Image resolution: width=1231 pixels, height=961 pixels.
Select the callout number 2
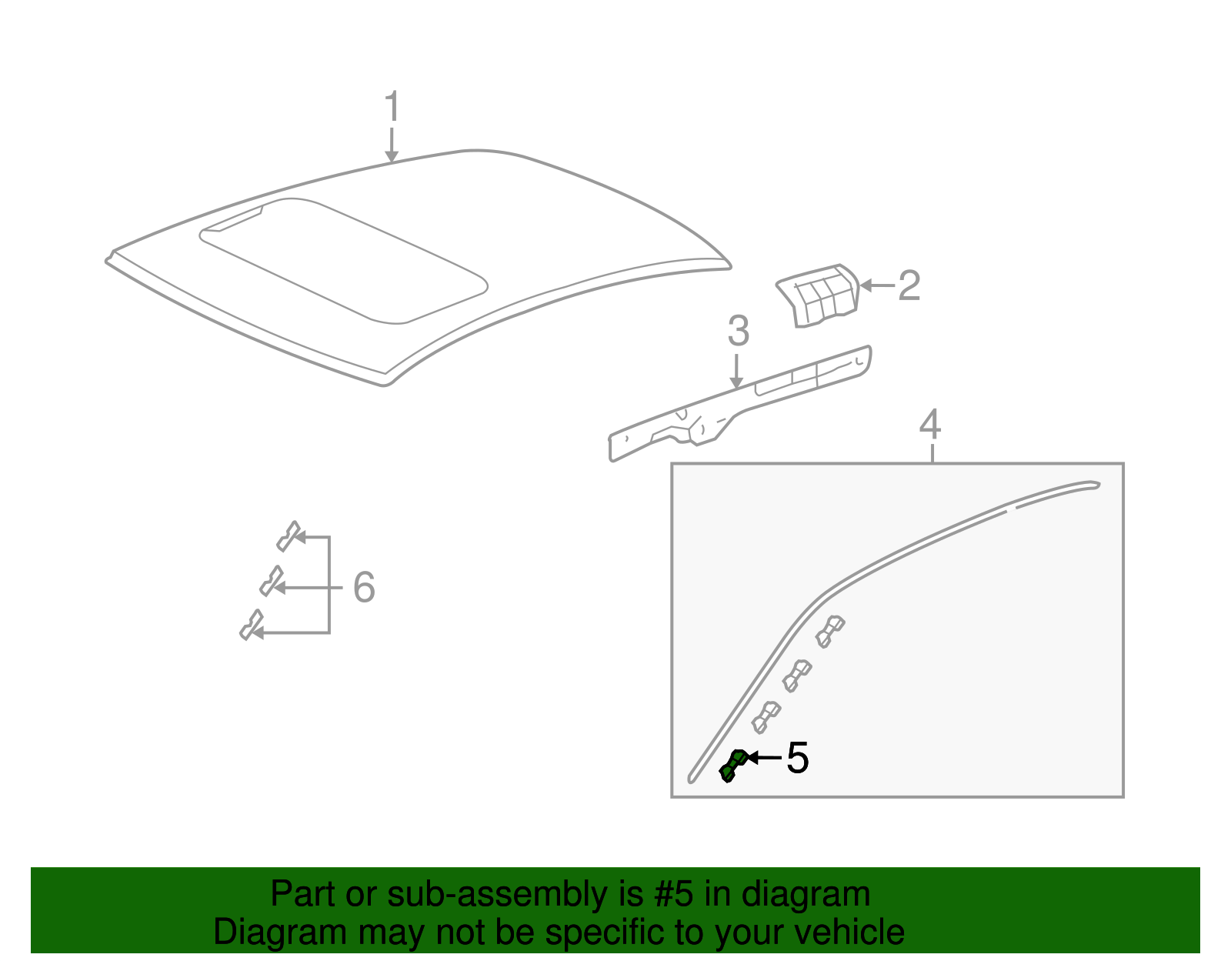pos(909,285)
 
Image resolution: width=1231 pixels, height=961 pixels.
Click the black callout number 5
pos(798,758)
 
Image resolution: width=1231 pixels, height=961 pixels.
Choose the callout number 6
pos(364,587)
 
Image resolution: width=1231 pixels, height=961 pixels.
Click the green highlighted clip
pos(732,766)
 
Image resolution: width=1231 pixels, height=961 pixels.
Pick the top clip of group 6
pos(288,536)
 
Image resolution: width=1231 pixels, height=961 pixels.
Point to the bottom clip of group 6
pos(251,625)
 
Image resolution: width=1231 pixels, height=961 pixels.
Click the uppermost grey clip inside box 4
pos(830,630)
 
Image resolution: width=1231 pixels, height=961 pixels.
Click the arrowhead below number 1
pos(392,157)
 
